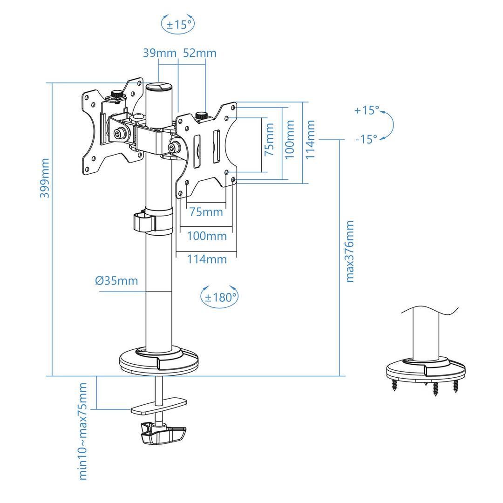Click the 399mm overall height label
pyautogui.click(x=45, y=178)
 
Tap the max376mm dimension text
pyautogui.click(x=350, y=251)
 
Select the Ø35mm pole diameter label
pyautogui.click(x=116, y=281)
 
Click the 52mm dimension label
pyautogui.click(x=199, y=53)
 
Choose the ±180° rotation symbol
pyautogui.click(x=219, y=297)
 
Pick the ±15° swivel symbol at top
pyautogui.click(x=178, y=24)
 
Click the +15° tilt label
pyautogui.click(x=367, y=110)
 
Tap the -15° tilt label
pyautogui.click(x=366, y=139)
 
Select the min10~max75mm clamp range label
pyautogui.click(x=83, y=431)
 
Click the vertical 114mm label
pyautogui.click(x=311, y=140)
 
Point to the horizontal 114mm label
pyautogui.click(x=207, y=259)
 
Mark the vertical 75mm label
pyautogui.click(x=269, y=140)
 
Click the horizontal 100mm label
pyautogui.click(x=207, y=236)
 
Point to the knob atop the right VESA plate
pyautogui.click(x=201, y=115)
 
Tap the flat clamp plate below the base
pyautogui.click(x=159, y=405)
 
